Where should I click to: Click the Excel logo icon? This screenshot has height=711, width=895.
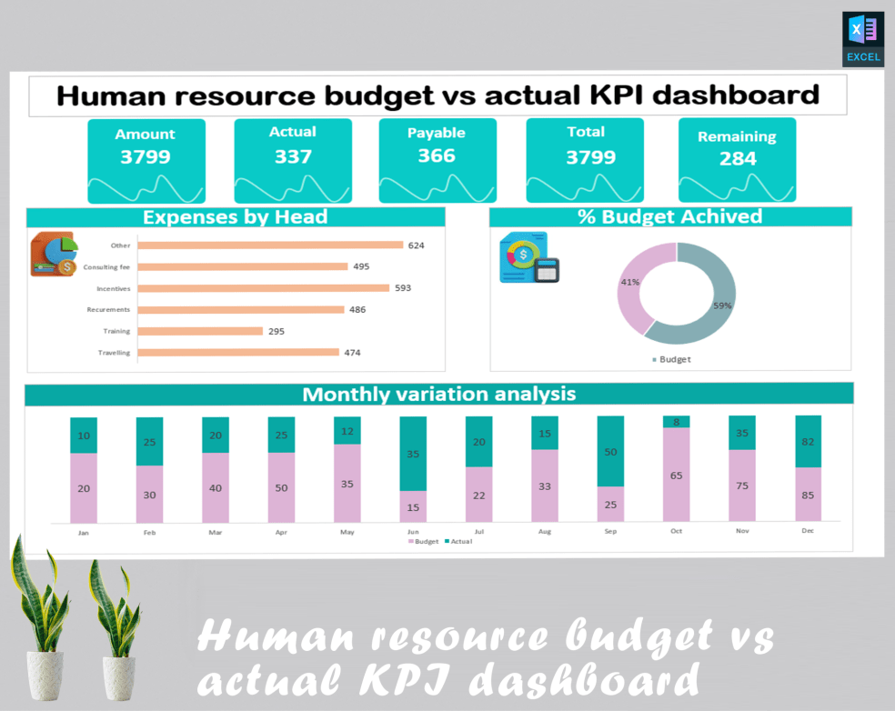pos(862,38)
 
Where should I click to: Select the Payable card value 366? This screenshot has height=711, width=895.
pos(437,155)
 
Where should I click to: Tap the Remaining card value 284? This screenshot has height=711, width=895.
pos(738,159)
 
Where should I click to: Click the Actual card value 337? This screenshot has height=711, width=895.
pos(293,156)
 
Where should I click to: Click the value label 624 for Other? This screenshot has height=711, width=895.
pos(416,245)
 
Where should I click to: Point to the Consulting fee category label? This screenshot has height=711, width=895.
pos(106,267)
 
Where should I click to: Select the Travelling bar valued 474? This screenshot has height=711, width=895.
pos(238,353)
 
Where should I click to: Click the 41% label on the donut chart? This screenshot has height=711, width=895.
pos(629,282)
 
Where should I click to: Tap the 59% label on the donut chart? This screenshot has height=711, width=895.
pos(722,305)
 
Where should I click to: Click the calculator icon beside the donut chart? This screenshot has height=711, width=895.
pos(547,270)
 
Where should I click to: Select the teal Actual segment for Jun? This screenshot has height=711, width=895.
pos(413,454)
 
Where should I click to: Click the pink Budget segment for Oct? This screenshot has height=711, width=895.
pos(676,475)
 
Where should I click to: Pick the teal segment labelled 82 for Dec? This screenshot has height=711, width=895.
pos(808,441)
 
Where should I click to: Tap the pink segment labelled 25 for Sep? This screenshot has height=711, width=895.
pos(610,505)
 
